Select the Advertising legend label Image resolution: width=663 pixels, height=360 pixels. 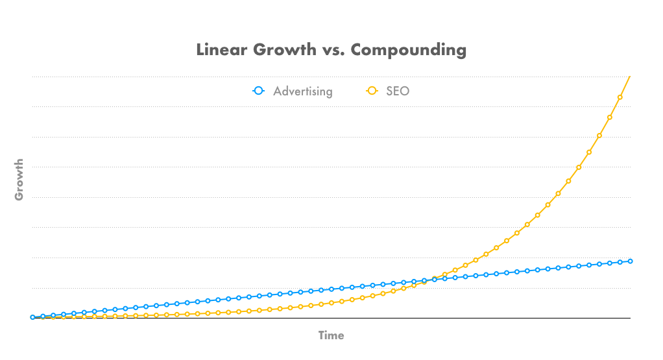(302, 91)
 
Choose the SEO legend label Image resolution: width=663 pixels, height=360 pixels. (398, 91)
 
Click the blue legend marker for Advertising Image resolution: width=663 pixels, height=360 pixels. (259, 91)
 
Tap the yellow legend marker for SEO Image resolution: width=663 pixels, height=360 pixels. (372, 91)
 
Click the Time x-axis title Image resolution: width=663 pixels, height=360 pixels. (331, 335)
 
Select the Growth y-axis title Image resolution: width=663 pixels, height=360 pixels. (19, 179)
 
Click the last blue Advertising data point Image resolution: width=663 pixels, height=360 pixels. (630, 261)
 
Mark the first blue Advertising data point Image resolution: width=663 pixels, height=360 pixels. (32, 317)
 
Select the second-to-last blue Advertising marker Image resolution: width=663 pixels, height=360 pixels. (620, 262)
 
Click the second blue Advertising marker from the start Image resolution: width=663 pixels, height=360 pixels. (43, 316)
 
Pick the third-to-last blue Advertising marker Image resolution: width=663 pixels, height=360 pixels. (610, 263)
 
